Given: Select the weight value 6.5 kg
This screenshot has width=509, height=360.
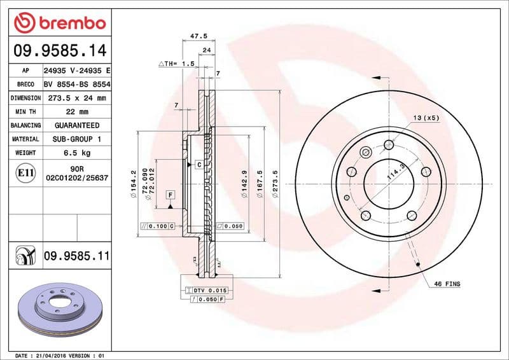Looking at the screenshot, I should point(76,153).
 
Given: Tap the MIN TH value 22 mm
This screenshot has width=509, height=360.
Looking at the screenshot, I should point(76,112).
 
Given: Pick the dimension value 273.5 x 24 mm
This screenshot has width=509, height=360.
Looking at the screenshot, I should point(76,98).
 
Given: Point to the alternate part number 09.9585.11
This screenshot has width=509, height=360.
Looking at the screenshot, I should point(76,256).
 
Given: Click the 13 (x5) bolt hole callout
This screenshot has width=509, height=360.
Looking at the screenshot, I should point(426,118).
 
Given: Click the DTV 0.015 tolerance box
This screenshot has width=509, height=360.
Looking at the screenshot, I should point(204,290).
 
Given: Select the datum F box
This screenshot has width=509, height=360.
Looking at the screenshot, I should point(171,194).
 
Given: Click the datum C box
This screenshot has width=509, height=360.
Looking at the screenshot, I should point(199,165).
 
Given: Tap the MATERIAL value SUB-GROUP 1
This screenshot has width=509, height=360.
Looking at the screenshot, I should point(76,139).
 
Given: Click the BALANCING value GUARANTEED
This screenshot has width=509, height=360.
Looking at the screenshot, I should point(76,125).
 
